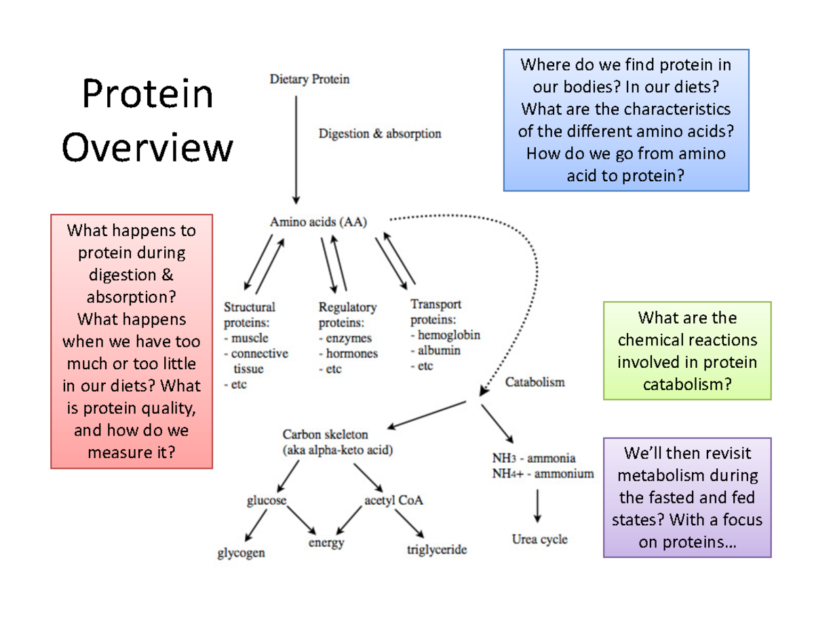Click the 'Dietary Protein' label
tap(310, 79)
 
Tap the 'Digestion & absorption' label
tap(380, 134)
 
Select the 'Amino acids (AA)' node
tap(319, 221)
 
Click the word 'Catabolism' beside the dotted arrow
tap(535, 382)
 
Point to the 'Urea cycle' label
tap(539, 539)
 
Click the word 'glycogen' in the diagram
tap(241, 552)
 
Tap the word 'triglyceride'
tap(437, 550)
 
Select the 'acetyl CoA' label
tap(393, 501)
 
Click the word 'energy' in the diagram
tap(326, 542)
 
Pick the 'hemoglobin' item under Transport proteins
tap(448, 335)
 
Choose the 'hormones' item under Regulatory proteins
tap(351, 354)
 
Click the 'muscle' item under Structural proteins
tap(248, 337)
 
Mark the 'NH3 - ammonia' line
tap(534, 458)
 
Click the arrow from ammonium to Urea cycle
tap(537, 506)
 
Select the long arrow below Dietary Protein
tap(296, 149)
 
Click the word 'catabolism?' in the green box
tap(687, 385)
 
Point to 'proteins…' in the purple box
tap(687, 543)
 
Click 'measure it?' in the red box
tap(132, 452)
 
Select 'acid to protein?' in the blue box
tap(625, 176)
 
